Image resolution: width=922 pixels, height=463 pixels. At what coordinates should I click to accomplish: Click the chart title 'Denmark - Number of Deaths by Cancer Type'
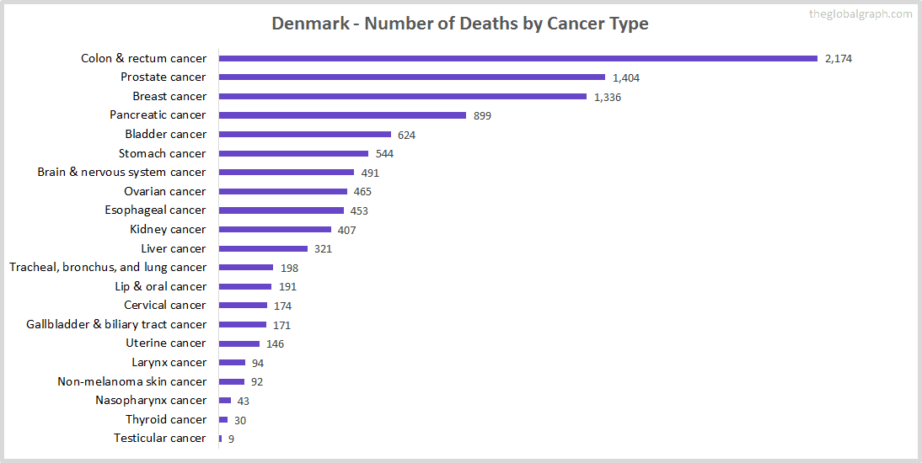coord(459,23)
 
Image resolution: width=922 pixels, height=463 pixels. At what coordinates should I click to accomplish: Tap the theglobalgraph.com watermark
coord(860,13)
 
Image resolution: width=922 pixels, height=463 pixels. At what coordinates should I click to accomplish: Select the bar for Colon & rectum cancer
coord(517,58)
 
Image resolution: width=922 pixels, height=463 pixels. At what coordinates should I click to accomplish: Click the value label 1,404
coord(626,77)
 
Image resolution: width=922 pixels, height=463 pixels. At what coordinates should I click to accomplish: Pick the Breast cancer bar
coord(402,96)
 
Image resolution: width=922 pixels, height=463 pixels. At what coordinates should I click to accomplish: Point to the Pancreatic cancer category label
coord(158,114)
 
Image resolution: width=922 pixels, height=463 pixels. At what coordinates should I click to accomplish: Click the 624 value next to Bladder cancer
coord(406,135)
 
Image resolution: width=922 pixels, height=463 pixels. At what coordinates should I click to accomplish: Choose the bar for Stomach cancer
coord(293,153)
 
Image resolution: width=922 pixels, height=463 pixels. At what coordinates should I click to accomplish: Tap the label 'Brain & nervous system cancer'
coord(121,172)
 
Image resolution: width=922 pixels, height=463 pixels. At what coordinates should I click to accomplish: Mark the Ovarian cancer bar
coord(282,191)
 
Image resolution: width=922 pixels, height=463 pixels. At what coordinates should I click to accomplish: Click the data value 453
coord(359,210)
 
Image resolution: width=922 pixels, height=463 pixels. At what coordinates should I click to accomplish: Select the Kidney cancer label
coord(168,229)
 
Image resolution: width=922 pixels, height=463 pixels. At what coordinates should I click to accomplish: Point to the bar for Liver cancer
coord(263,248)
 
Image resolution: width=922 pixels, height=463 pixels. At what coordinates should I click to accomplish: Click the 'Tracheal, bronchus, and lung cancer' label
coord(108,267)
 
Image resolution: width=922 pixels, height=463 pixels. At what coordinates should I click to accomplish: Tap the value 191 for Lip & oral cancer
coord(288,287)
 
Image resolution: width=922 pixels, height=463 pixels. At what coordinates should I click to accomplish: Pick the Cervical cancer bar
coord(243,305)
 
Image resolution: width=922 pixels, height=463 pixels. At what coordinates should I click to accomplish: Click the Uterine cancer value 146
coord(275,343)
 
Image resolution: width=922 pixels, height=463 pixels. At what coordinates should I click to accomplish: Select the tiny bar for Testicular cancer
coord(220,439)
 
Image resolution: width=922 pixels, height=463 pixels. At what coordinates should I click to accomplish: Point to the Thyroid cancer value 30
coord(240,420)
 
